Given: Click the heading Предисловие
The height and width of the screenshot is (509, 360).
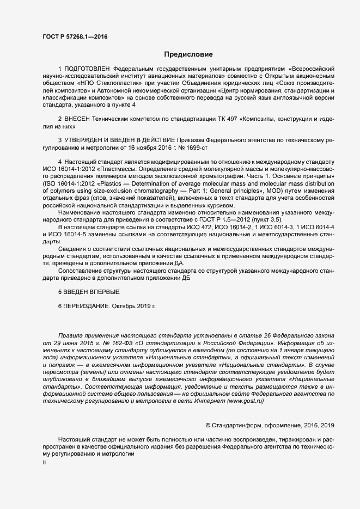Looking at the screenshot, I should tap(189, 54).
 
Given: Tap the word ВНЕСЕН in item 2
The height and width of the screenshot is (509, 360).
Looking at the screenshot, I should tap(80, 119).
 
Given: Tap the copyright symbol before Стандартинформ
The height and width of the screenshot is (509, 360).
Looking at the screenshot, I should tap(208, 425).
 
